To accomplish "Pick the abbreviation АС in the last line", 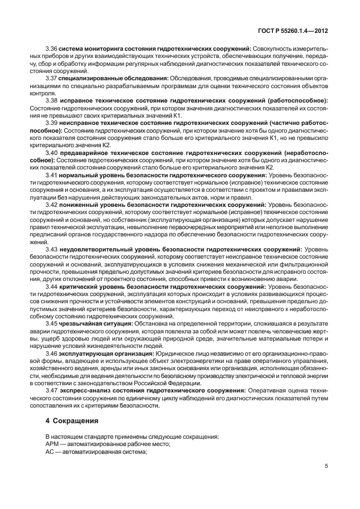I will pos(51,452).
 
